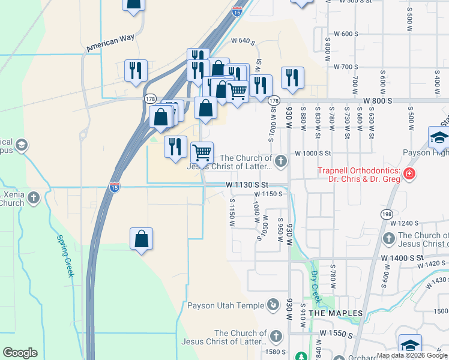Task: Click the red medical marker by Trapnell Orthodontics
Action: point(409,175)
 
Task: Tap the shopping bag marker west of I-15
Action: point(140,239)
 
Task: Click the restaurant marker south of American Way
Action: point(136,70)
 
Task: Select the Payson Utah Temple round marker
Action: point(273,305)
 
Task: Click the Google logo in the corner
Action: point(20,353)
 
